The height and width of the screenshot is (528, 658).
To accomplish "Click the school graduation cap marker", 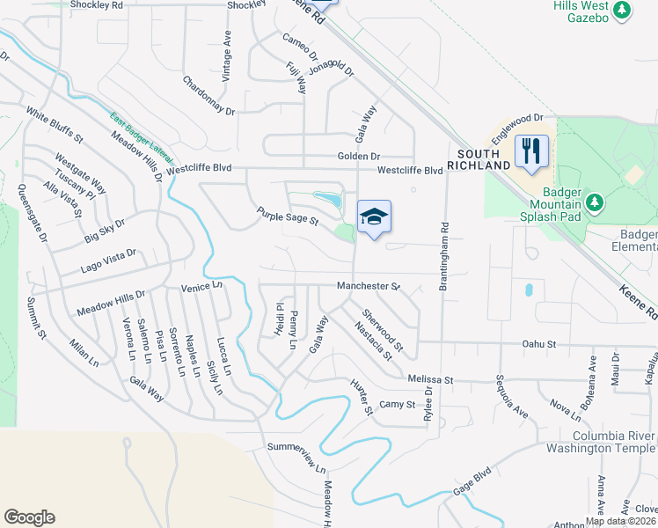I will point(374,216).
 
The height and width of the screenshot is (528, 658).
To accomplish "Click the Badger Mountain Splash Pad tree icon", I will point(596,203).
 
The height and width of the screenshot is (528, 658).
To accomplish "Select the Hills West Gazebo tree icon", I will point(622,11).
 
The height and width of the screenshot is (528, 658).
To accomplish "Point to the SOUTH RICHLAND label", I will point(479,159).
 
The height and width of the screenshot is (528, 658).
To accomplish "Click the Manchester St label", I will point(369,286).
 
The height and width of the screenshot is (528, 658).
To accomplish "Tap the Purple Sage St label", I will point(287,216).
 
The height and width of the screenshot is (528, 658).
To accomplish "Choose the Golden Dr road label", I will point(358,156).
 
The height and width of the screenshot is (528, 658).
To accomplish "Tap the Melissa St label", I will point(429,378).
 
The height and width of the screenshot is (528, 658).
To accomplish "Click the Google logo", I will point(29,517).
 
